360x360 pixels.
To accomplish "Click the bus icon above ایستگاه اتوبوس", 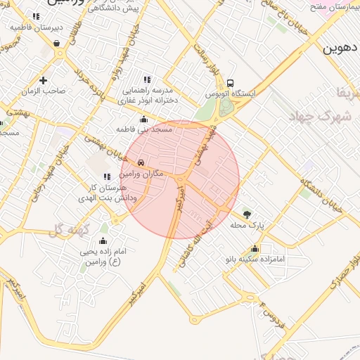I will point(231,81).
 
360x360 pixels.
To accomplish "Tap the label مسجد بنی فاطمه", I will point(144,130).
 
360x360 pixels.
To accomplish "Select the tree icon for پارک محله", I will point(246,214).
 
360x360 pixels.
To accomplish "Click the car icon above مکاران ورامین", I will point(141,162).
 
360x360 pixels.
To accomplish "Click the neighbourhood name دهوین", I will point(341,49).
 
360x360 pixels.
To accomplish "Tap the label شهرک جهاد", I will point(323,117).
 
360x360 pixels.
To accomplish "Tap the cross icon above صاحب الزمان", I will point(44,80).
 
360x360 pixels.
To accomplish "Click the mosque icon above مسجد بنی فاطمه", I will point(144,119).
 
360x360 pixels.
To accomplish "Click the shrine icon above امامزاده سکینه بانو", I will point(255,248).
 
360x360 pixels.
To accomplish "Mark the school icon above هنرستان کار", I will point(107,177).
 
